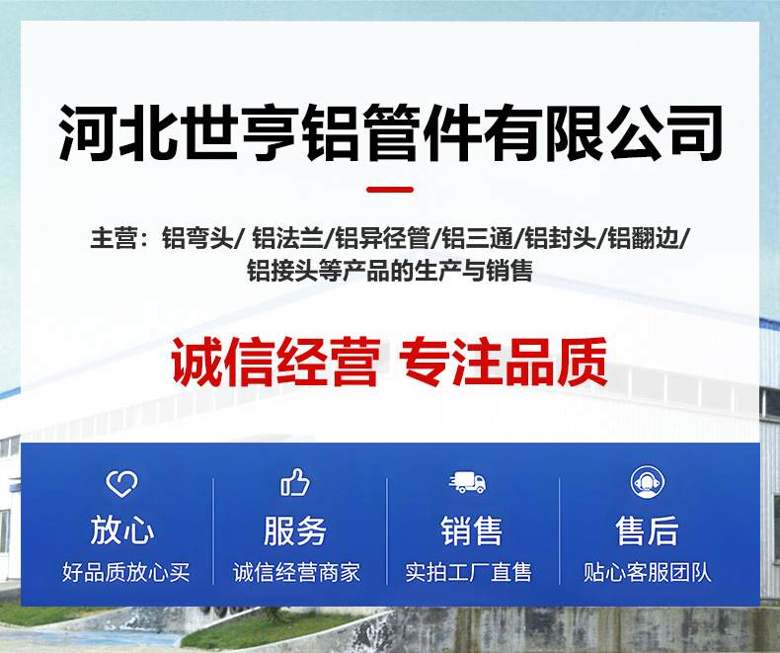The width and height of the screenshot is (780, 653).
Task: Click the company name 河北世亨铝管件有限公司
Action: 390,130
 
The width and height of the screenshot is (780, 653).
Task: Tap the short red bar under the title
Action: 390,189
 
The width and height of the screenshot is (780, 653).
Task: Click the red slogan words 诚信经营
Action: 275,364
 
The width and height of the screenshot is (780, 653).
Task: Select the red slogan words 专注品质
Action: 504,364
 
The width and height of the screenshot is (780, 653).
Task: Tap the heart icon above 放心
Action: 122,483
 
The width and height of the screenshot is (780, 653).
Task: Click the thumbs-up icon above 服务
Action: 295,483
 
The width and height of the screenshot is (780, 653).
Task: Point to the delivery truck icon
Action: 468,483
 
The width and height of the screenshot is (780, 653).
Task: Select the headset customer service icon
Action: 647,483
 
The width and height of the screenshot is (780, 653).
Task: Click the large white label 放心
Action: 122,531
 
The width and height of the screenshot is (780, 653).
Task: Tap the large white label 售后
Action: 647,531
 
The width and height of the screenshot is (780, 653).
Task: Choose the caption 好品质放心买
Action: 125,572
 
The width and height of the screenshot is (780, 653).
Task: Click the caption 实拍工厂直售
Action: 468,572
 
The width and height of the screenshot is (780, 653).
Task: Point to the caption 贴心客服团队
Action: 647,572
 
